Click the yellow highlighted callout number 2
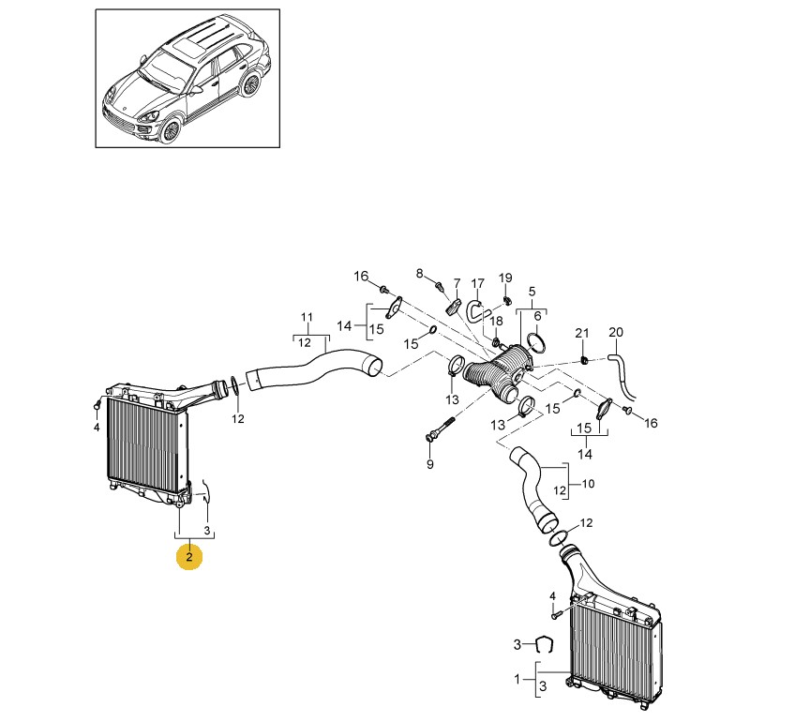189,557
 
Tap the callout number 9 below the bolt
429,464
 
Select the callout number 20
616,332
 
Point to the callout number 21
582,334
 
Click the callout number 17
478,283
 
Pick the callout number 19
505,278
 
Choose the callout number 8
419,274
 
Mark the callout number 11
307,317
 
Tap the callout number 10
589,484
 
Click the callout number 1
517,679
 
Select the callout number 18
496,322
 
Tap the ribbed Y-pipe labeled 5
497,375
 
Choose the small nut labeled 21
584,359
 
